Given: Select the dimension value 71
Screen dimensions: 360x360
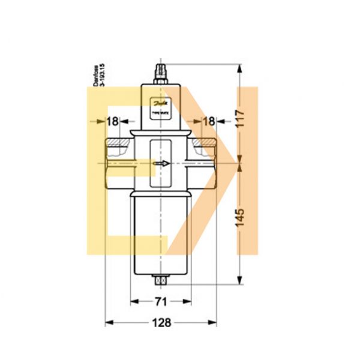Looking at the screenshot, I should point(161,302).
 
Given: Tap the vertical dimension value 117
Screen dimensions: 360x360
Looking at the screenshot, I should point(240,113).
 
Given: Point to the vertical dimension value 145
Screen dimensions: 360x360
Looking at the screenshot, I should point(240,217).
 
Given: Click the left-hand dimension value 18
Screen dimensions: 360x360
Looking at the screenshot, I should point(112,122).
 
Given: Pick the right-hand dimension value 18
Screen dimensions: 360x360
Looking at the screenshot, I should point(209,122).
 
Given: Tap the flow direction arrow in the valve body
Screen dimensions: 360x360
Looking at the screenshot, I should point(161,163).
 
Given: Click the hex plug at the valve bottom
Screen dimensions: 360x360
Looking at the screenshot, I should point(160,279).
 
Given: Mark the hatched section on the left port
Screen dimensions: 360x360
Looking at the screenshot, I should point(118,142).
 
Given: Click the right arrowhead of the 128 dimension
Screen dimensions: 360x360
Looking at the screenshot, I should point(212,323).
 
